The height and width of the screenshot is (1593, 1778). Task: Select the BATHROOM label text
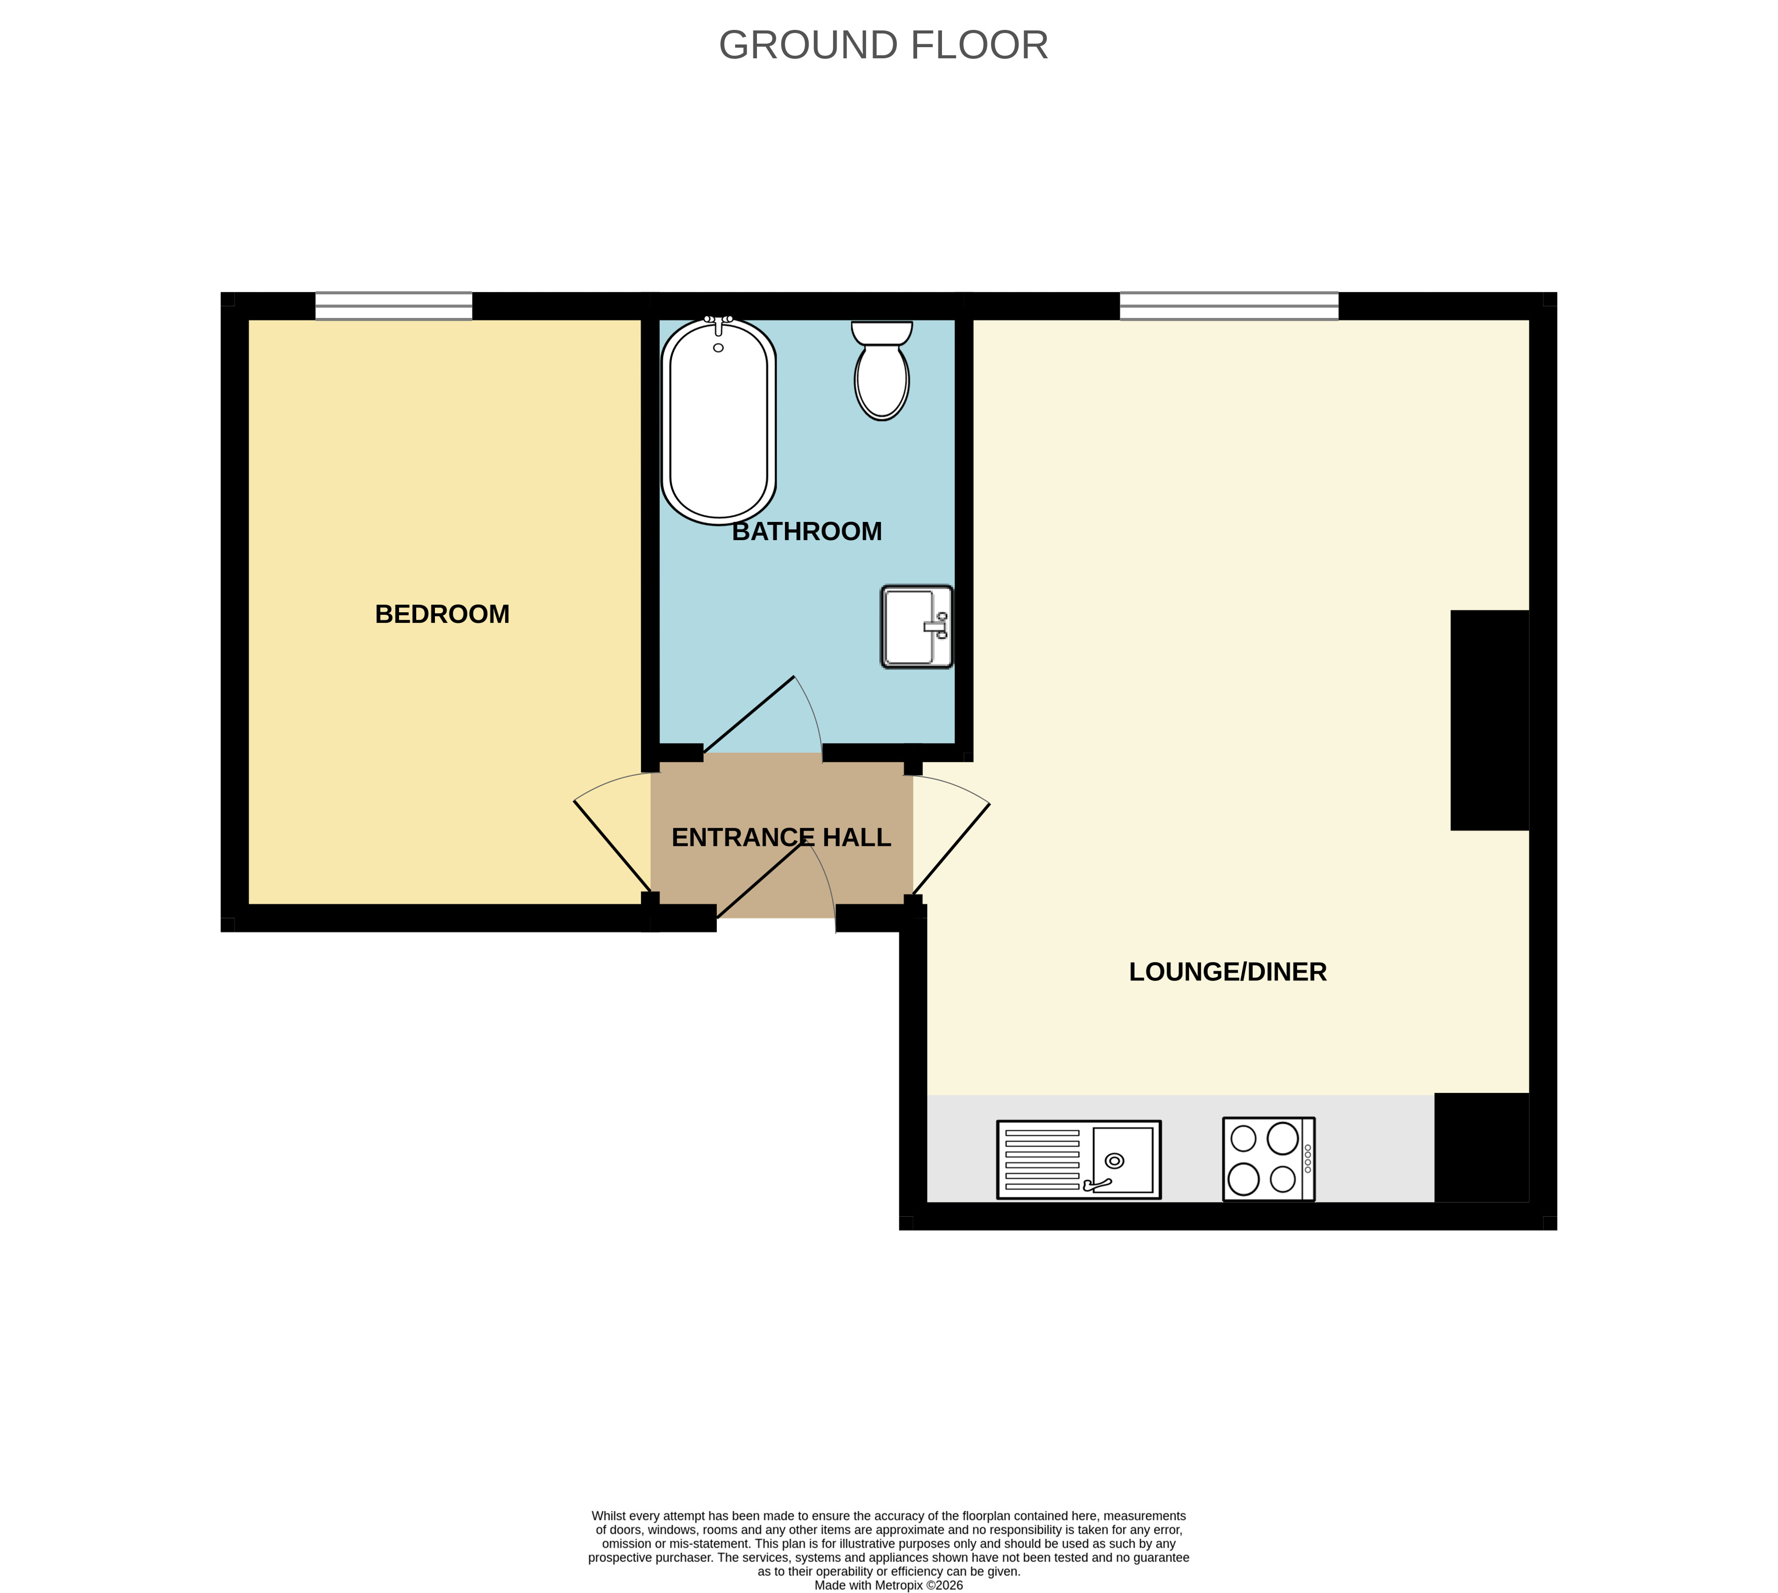click(x=807, y=532)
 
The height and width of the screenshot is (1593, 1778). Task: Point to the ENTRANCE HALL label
click(x=781, y=838)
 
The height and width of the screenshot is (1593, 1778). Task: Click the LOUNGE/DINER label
click(x=1227, y=972)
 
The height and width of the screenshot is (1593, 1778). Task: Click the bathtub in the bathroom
click(x=718, y=420)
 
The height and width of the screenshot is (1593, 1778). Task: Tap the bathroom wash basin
click(x=916, y=627)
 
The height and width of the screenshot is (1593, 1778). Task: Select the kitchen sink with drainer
click(x=1079, y=1160)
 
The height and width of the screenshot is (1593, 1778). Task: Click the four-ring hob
click(x=1269, y=1159)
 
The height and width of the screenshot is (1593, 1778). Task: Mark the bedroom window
click(x=394, y=306)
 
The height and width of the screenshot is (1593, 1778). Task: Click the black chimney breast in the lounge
click(x=1489, y=720)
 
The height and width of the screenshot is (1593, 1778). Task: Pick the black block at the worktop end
click(x=1481, y=1148)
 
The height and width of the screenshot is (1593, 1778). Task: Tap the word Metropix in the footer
click(x=899, y=1585)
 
